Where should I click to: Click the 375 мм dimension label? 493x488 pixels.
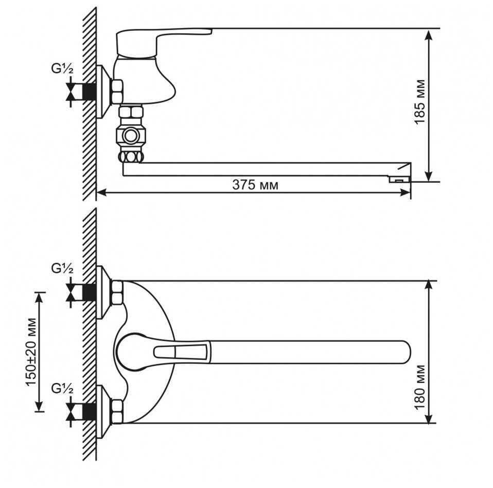[x=255, y=185]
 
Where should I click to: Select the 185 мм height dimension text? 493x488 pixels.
[x=420, y=102]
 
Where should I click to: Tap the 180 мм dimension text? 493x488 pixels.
[x=420, y=388]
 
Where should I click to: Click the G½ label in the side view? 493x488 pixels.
[x=62, y=69]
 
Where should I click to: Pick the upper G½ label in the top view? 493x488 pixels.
[x=62, y=269]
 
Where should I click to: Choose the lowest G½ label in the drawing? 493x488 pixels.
[x=62, y=389]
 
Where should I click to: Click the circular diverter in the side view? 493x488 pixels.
[x=130, y=136]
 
